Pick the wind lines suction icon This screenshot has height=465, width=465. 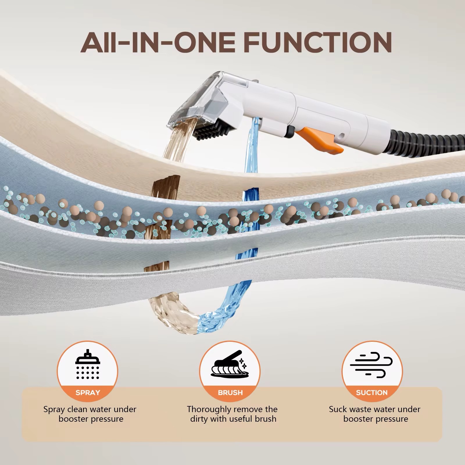point(372,366)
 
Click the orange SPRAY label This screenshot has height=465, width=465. point(88,393)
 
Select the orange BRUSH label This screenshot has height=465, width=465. point(230,393)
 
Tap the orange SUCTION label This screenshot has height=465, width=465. point(372,393)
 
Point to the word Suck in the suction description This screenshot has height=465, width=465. point(337,409)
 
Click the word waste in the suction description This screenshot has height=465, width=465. point(360,409)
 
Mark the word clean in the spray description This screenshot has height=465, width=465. point(78,409)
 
